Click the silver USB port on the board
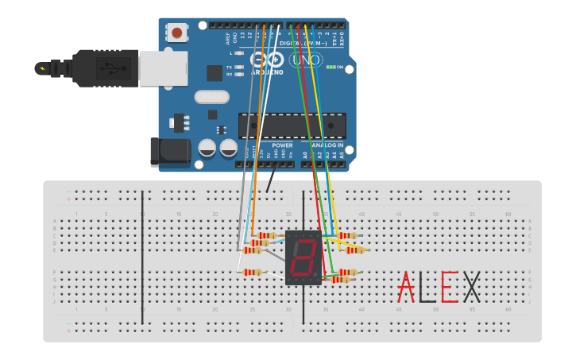[163, 68]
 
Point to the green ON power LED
[331, 68]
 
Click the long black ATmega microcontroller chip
[292, 126]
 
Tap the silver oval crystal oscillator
[211, 98]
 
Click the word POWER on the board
[282, 145]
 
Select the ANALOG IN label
[328, 145]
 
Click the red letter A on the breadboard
[406, 287]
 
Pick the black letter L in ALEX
[427, 287]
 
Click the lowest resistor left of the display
[252, 273]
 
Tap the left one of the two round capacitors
[207, 148]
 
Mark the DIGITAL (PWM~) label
[306, 43]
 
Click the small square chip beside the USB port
[215, 72]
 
